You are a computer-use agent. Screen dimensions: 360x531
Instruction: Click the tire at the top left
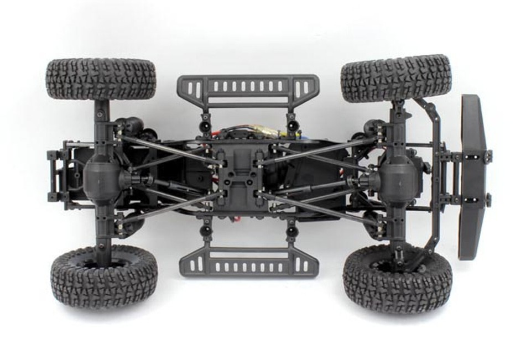coord(101,79)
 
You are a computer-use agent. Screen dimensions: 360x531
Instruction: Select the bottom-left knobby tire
coord(104,277)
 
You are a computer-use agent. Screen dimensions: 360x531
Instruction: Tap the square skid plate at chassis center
coord(240,176)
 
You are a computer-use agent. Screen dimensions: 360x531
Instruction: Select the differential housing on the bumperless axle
coord(103,175)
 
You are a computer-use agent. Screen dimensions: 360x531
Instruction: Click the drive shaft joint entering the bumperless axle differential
coord(133,178)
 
